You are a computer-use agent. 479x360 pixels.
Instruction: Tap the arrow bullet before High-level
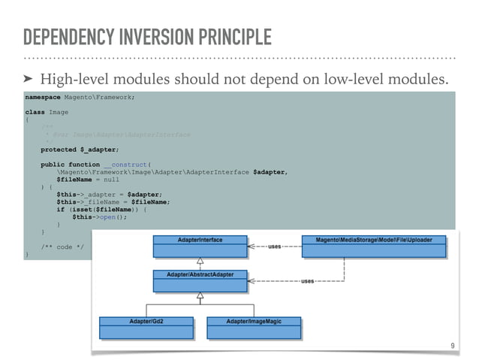[x=28, y=79]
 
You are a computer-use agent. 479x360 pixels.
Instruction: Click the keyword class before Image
[x=35, y=112]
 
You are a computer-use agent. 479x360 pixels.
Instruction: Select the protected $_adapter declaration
[x=79, y=150]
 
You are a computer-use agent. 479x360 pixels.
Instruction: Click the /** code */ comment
[x=57, y=247]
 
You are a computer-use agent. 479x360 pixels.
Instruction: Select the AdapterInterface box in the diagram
[x=199, y=245]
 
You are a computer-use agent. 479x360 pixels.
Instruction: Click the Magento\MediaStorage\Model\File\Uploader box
[x=373, y=245]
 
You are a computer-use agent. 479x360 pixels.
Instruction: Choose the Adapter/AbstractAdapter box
[x=199, y=280]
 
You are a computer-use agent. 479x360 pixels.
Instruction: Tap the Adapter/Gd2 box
[x=146, y=326]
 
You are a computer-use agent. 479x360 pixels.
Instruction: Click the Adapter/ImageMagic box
[x=253, y=326]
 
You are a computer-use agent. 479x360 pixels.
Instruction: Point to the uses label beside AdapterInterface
[x=275, y=246]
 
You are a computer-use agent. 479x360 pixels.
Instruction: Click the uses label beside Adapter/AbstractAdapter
[x=307, y=280]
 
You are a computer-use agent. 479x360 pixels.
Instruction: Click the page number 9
[x=452, y=346]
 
